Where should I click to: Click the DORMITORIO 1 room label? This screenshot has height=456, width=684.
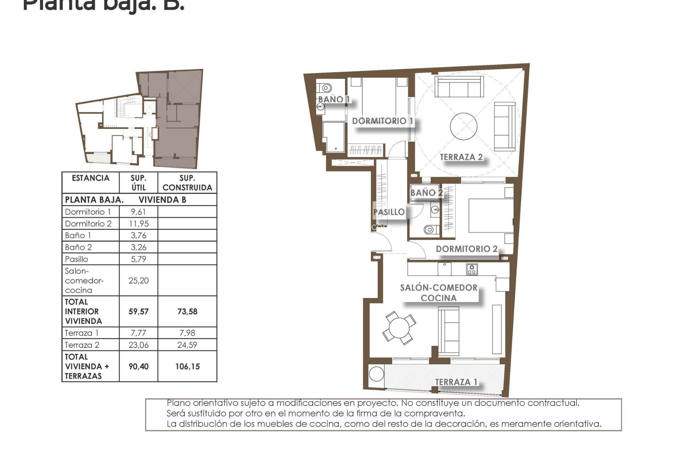click(x=383, y=121)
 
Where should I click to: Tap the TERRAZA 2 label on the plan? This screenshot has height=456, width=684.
click(x=461, y=157)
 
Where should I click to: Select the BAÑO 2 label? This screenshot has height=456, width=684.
click(x=426, y=193)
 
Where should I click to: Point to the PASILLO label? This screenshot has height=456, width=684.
click(x=389, y=212)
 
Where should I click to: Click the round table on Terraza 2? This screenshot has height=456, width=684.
click(x=463, y=126)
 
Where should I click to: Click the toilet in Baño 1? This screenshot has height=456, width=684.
click(x=325, y=87)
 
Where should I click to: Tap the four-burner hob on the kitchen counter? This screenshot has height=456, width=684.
click(x=472, y=269)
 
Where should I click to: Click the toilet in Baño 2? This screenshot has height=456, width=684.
click(x=431, y=229)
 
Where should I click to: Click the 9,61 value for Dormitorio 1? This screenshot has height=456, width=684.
click(x=138, y=212)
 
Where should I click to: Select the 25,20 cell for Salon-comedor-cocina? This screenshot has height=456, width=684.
click(x=138, y=281)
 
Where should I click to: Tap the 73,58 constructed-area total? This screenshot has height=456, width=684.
click(x=187, y=312)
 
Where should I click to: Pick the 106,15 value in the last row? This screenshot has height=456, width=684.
click(x=187, y=367)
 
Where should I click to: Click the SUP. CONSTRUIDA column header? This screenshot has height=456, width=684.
click(x=187, y=183)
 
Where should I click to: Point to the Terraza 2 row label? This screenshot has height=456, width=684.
click(x=82, y=345)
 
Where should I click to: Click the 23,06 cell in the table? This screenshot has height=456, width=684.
click(x=138, y=345)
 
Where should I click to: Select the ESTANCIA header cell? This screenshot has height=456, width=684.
click(x=90, y=178)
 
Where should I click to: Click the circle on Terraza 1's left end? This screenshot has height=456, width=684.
click(x=376, y=374)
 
